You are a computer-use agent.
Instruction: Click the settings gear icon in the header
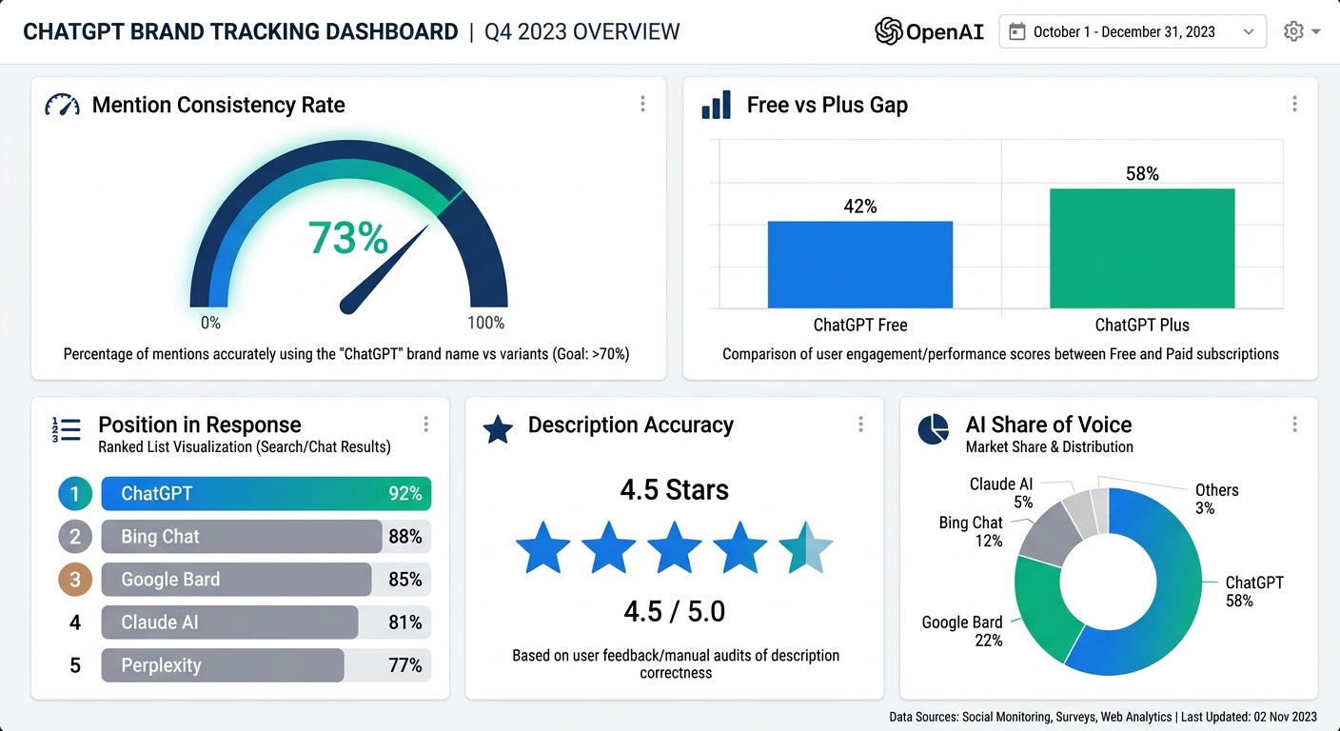point(1293,31)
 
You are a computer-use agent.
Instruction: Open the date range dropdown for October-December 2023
point(1132,31)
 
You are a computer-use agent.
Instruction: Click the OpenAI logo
point(929,31)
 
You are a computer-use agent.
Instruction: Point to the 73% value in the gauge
point(347,238)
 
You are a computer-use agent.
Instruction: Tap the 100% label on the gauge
point(485,323)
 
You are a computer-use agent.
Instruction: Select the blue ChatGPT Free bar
point(859,265)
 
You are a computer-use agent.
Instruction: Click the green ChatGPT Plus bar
point(1142,248)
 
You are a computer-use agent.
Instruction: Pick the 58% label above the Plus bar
point(1142,173)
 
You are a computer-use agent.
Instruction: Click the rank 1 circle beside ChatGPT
point(74,493)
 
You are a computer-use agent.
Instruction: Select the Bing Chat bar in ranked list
point(241,536)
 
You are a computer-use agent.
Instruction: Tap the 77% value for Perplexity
point(404,665)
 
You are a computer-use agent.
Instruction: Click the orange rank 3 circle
point(74,579)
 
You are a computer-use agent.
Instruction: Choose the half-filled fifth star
point(805,547)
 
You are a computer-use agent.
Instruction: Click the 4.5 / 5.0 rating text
point(674,611)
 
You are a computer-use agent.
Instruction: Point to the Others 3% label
point(1215,499)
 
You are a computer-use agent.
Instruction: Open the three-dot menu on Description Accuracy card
point(860,425)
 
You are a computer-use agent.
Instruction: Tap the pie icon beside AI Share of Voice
point(933,429)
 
